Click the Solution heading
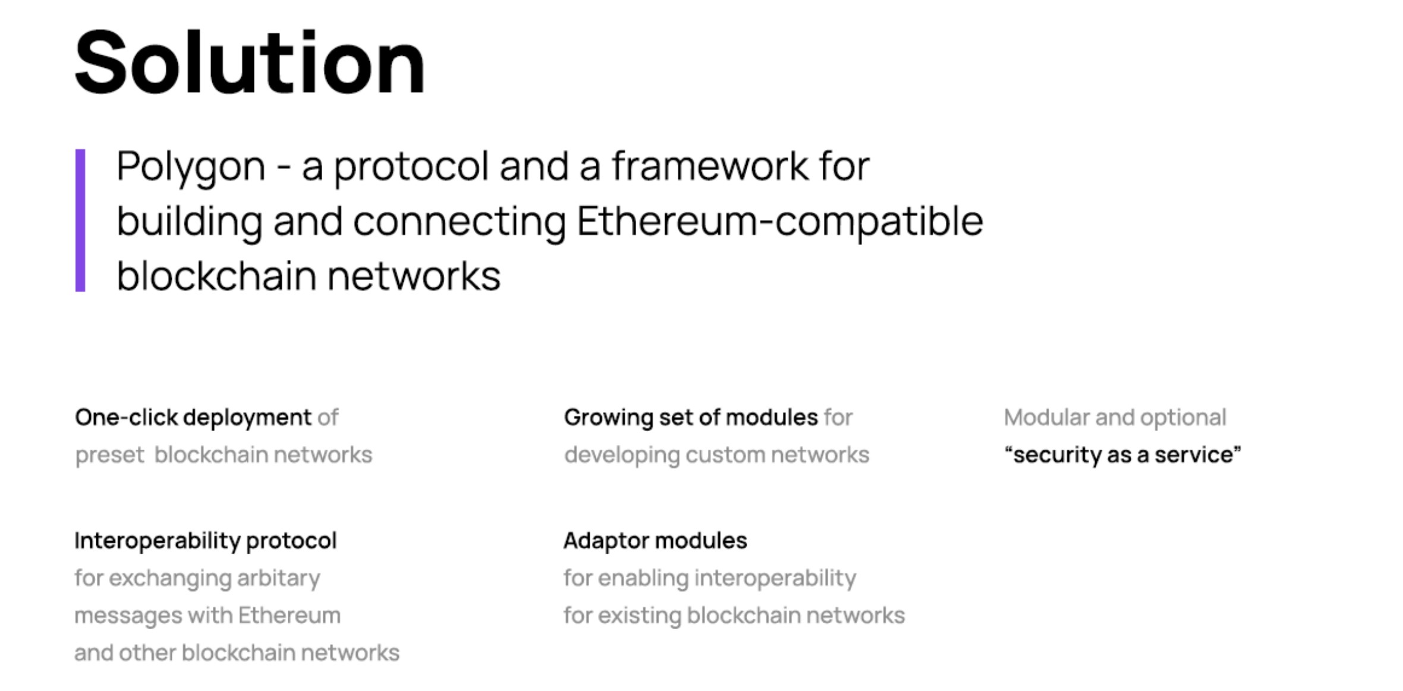250,62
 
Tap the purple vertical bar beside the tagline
80,220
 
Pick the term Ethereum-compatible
780,222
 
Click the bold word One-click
127,417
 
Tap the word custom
725,456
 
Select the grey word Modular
1047,417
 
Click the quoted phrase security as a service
1122,456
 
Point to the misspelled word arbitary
279,579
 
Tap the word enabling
643,579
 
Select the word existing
640,616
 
